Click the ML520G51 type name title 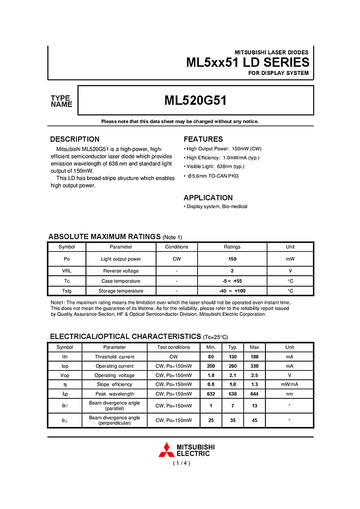tap(195, 101)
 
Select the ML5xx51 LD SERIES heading tap(247, 62)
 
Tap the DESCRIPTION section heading tap(75, 139)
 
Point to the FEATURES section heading tap(203, 139)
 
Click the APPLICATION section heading tap(208, 197)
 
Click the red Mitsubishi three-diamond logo tap(166, 450)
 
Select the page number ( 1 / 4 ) tap(181, 463)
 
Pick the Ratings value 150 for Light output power tap(232, 259)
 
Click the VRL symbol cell tap(67, 270)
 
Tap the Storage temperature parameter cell tap(121, 291)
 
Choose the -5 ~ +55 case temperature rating tap(232, 281)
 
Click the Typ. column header tap(233, 347)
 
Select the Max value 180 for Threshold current tap(254, 356)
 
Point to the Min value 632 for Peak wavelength tap(211, 394)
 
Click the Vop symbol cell tap(65, 375)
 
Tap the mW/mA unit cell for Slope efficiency tap(289, 384)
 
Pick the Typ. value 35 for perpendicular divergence tap(233, 420)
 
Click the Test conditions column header tap(174, 347)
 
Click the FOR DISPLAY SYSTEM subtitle tap(278, 73)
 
